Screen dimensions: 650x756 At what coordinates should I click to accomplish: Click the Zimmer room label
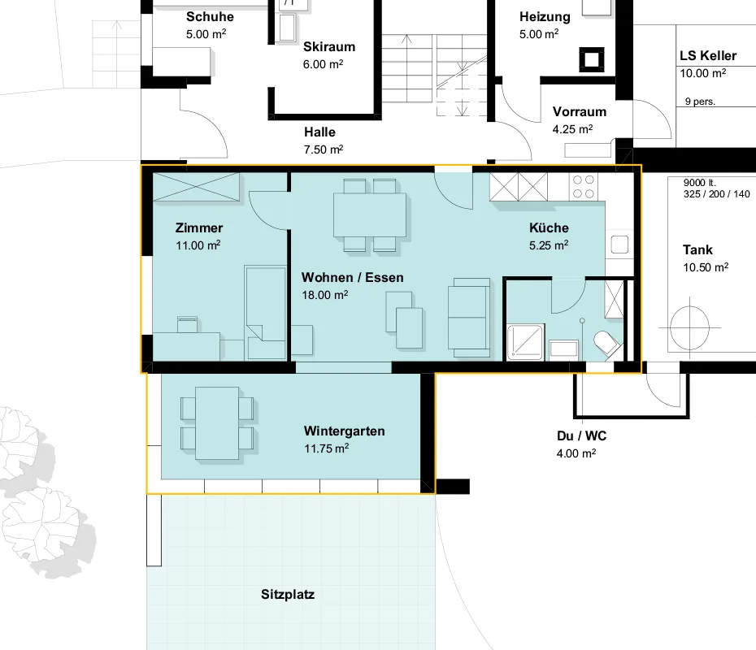(199, 228)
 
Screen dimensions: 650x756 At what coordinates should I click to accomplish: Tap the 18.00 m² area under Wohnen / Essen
(324, 295)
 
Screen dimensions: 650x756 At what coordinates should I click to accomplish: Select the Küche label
(549, 228)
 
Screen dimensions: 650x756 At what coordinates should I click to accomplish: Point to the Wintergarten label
(344, 431)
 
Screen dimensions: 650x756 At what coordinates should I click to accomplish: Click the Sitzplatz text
(288, 595)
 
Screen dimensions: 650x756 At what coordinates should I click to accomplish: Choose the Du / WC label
(581, 436)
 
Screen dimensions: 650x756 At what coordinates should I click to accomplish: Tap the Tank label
(697, 250)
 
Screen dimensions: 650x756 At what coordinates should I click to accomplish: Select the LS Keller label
(708, 56)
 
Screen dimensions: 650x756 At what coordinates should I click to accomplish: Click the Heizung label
(545, 17)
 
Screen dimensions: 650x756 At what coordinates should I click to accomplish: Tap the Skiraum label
(329, 47)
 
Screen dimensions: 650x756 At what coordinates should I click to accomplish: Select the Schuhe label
(210, 17)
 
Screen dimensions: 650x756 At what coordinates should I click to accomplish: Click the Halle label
(319, 132)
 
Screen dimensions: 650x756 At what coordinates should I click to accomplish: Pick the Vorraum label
(580, 112)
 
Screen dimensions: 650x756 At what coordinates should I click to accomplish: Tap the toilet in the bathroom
(606, 343)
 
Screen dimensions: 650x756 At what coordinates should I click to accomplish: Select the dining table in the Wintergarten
(217, 423)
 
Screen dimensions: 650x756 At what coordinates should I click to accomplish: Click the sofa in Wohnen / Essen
(469, 317)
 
